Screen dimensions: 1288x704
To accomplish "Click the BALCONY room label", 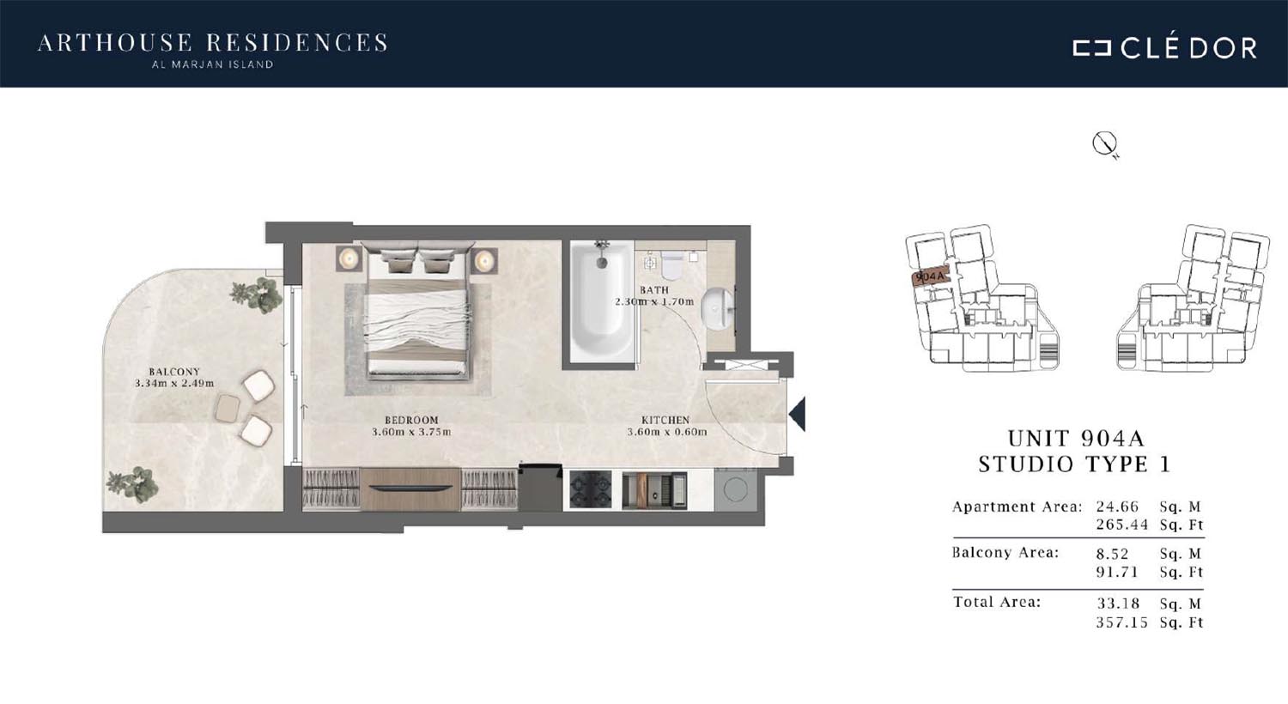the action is point(174,372).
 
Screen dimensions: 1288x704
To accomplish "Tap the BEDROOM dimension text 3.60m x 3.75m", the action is point(411,432).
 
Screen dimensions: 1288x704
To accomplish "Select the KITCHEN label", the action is point(665,420).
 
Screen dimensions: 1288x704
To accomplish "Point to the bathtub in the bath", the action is point(601,301).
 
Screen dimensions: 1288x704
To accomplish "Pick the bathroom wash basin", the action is point(716,309).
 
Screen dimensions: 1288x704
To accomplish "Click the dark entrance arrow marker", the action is point(798,414).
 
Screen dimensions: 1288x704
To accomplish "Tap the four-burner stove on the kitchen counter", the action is point(591,489).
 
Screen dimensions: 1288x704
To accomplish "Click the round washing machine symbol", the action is point(735,489).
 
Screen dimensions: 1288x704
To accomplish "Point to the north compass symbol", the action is point(1104,143).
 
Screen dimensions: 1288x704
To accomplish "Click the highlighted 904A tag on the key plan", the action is point(929,276).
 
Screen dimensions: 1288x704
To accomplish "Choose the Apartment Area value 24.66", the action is point(1117,507).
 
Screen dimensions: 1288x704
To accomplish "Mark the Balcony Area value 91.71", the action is point(1117,573).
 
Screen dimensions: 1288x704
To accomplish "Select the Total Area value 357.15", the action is point(1121,622).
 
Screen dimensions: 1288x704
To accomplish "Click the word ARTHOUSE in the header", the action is point(115,43).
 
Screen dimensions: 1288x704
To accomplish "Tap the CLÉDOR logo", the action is point(1165,48).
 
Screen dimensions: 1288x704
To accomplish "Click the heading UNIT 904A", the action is point(1076,439).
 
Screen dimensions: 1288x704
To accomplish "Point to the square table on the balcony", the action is point(228,409).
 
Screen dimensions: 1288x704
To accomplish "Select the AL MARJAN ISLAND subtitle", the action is point(213,65).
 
